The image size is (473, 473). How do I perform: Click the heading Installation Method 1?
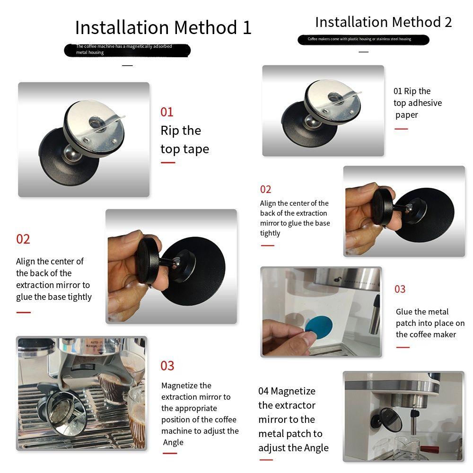tap(163, 27)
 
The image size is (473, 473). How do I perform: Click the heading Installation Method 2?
tap(384, 22)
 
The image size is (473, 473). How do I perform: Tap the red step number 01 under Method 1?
tap(167, 112)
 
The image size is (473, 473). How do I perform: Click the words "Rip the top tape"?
tap(184, 140)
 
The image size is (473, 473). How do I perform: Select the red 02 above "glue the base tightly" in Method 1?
tap(23, 239)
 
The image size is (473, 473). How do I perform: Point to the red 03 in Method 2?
tap(400, 289)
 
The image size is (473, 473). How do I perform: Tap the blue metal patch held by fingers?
tap(319, 327)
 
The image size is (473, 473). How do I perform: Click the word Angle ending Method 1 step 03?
tap(173, 442)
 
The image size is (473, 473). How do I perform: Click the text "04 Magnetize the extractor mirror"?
tap(287, 405)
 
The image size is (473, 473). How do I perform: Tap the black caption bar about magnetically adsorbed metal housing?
tap(127, 51)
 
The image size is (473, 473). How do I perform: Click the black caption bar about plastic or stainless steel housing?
tap(363, 40)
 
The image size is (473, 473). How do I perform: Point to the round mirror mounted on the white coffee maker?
tap(391, 420)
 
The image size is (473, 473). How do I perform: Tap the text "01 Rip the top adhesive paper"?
tap(418, 103)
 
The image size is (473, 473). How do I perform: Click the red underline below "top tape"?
tap(168, 163)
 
